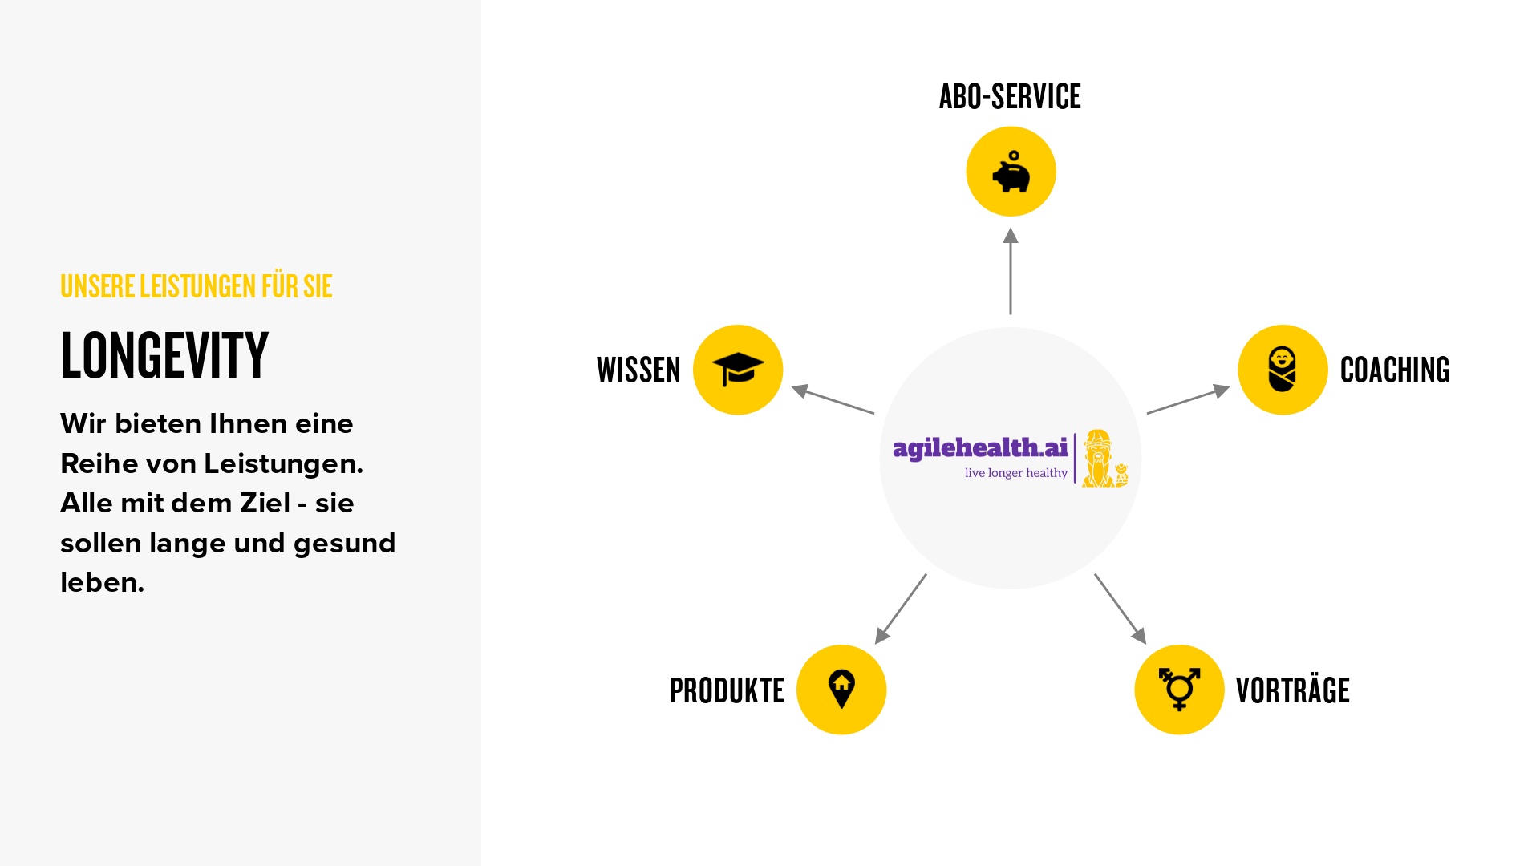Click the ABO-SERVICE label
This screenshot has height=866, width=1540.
pyautogui.click(x=1010, y=96)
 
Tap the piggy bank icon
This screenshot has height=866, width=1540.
pyautogui.click(x=1011, y=172)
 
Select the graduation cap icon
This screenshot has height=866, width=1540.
pyautogui.click(x=738, y=370)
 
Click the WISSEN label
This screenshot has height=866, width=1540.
pyautogui.click(x=638, y=370)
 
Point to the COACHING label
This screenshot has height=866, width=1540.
pyautogui.click(x=1395, y=370)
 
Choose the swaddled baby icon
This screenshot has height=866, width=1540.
pyautogui.click(x=1282, y=369)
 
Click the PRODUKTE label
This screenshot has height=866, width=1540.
pyautogui.click(x=727, y=690)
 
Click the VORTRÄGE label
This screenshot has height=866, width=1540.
pyautogui.click(x=1293, y=690)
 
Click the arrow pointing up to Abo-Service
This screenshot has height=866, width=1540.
pyautogui.click(x=1011, y=271)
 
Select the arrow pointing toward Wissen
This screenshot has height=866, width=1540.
pyautogui.click(x=833, y=400)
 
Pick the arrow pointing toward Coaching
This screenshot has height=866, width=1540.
pyautogui.click(x=1189, y=400)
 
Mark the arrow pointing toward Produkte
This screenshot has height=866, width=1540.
pyautogui.click(x=901, y=609)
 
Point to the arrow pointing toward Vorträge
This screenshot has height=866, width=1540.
pyautogui.click(x=1121, y=609)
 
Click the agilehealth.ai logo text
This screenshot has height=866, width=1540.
pyautogui.click(x=980, y=448)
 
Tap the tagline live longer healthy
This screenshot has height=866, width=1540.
pyautogui.click(x=1016, y=473)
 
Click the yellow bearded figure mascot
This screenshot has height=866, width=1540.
pyautogui.click(x=1104, y=459)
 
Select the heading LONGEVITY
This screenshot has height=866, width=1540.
pyautogui.click(x=164, y=355)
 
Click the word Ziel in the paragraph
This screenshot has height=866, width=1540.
pyautogui.click(x=265, y=503)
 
